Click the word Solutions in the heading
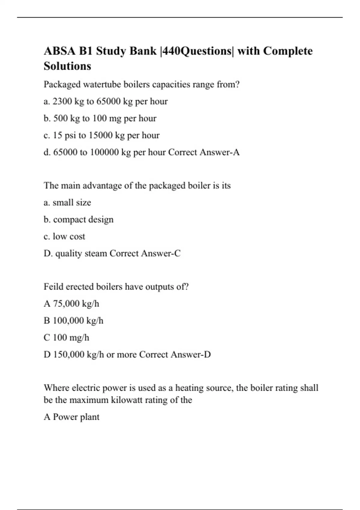(67, 66)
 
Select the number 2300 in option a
(62, 101)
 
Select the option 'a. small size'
(67, 203)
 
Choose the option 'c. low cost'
(64, 237)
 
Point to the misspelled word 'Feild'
(53, 287)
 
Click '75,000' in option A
(66, 304)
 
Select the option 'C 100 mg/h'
(66, 338)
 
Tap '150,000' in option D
(69, 355)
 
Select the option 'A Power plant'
(71, 417)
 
